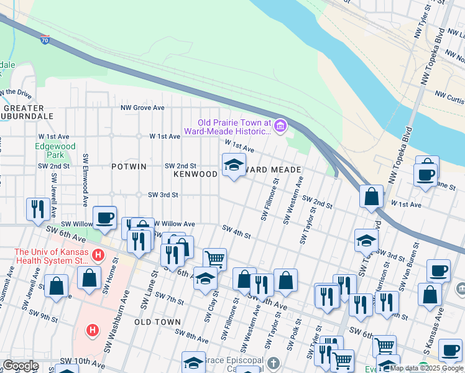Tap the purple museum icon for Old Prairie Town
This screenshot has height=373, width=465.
coord(280,126)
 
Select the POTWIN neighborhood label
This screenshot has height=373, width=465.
coord(129,167)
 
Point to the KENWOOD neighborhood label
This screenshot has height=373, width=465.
coord(195,175)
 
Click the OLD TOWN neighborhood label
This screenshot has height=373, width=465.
coord(157,322)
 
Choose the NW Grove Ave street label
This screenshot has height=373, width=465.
coord(142,108)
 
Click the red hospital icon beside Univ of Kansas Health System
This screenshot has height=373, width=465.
coord(97,255)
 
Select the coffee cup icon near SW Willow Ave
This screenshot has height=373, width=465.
coord(104,217)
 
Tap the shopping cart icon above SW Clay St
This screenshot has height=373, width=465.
coord(214,258)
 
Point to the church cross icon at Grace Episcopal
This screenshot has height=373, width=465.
coord(274,362)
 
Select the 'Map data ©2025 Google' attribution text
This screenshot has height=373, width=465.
coord(426,368)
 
